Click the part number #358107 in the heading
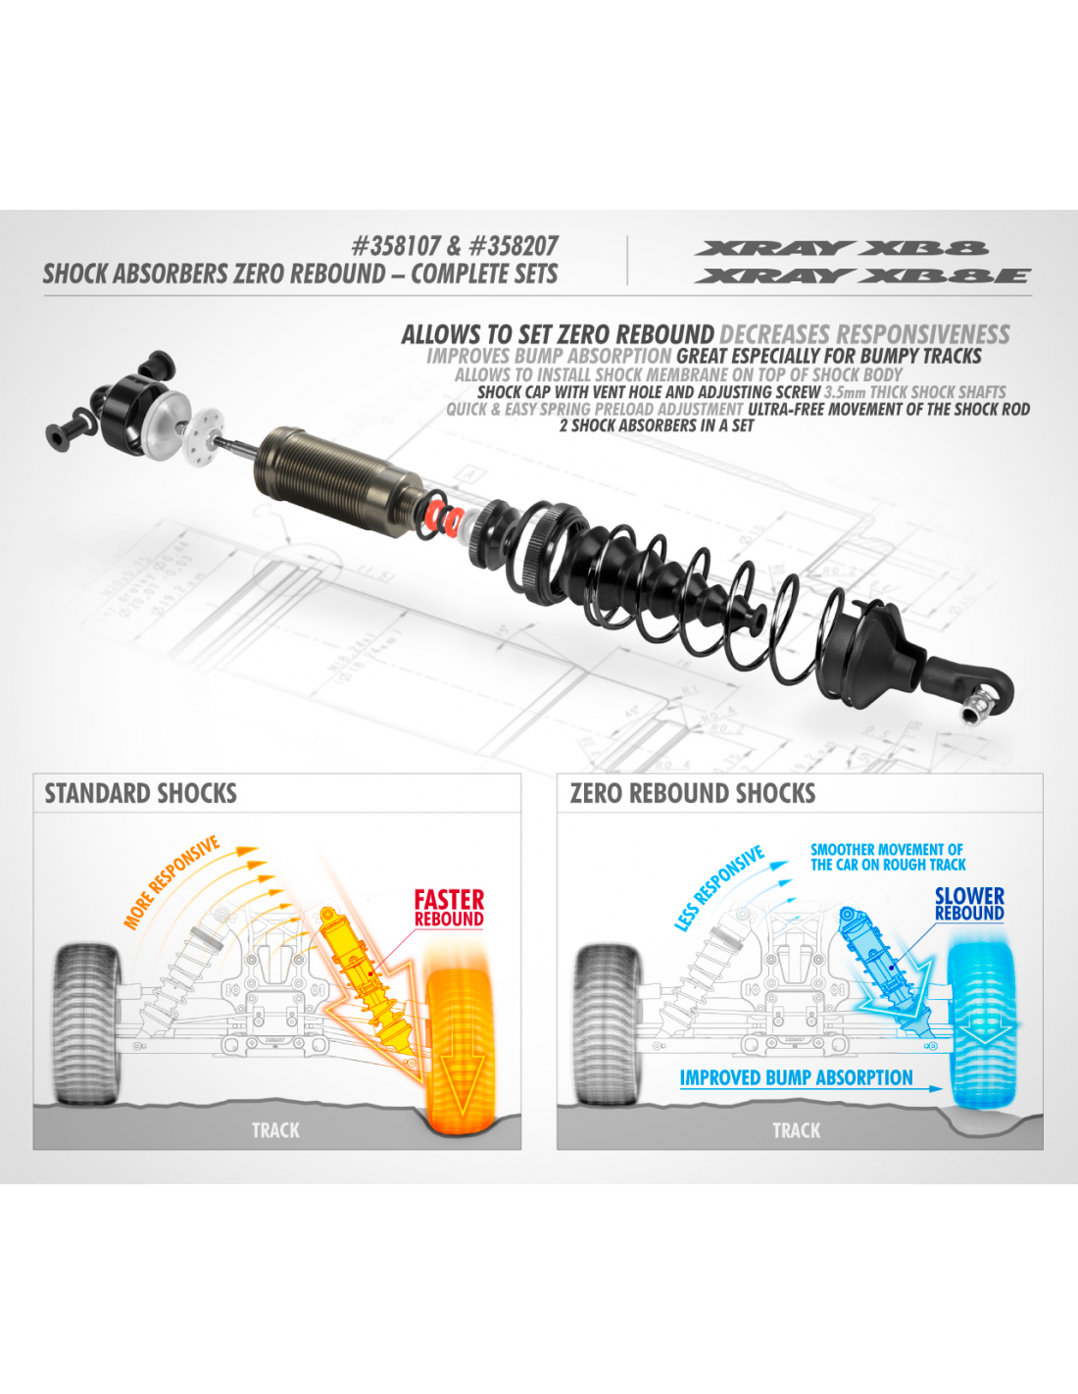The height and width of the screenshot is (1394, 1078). coord(396,246)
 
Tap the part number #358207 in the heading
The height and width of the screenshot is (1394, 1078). coord(514,246)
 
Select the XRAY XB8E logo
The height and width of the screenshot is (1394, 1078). coord(862,275)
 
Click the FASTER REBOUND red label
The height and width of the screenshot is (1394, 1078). coord(449,908)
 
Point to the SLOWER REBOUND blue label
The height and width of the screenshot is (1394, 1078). coord(969,904)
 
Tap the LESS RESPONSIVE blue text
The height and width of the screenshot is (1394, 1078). coord(719,888)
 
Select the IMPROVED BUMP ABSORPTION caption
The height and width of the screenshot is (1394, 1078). coord(796,1077)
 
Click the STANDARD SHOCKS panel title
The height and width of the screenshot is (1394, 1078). coord(140,793)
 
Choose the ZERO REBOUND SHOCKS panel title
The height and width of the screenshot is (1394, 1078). coord(693,793)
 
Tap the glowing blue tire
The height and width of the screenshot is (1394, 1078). coord(981,1025)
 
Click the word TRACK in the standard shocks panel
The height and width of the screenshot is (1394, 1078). coord(275,1130)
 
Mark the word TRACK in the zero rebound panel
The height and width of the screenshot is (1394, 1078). coord(797,1130)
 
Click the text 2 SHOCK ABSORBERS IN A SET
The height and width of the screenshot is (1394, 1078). coord(656,426)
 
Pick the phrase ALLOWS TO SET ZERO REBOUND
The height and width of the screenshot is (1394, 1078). coord(558,335)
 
